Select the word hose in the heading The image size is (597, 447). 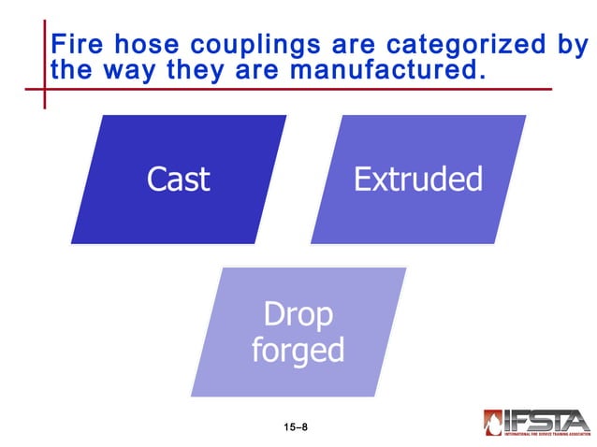point(150,44)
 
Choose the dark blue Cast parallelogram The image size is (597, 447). point(178,179)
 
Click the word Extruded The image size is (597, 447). point(417,179)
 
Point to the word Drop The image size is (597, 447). point(298,315)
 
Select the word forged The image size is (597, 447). point(298,350)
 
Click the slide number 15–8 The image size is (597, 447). point(296,426)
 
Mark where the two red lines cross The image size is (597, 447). point(43,90)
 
